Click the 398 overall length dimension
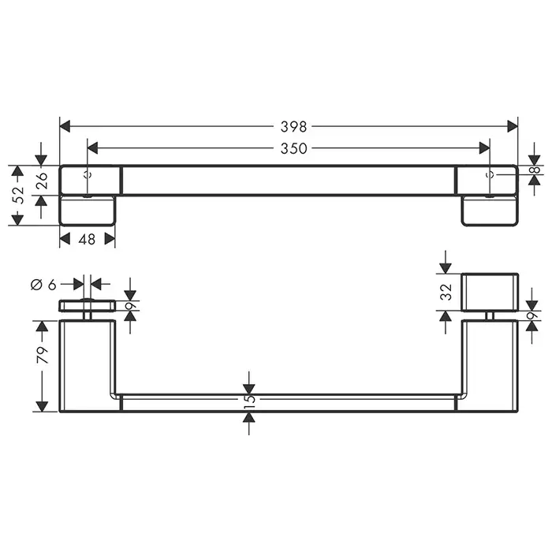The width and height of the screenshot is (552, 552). [x=293, y=126]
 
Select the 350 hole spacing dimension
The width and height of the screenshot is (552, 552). [x=293, y=148]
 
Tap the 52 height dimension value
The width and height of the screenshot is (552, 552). [x=17, y=195]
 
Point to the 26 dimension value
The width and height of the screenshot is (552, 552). [x=42, y=181]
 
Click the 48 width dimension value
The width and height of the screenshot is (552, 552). [x=87, y=240]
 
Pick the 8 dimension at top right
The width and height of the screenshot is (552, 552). [x=535, y=170]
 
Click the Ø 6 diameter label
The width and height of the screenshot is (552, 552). [x=43, y=284]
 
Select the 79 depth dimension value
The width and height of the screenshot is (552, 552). [x=43, y=355]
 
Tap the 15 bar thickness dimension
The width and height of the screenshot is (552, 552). [x=249, y=401]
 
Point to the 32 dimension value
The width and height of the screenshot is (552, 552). [x=446, y=293]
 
